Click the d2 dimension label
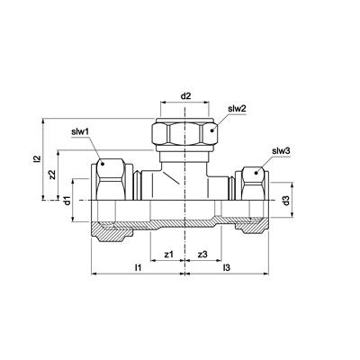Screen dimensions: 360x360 tap(185, 96)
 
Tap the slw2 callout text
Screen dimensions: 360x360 tap(237, 109)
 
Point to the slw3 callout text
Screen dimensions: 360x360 tap(281, 151)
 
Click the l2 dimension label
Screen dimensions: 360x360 tap(37, 158)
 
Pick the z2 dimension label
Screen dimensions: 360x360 tap(52, 175)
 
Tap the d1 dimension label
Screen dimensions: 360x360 tap(67, 201)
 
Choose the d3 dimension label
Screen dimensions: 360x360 tap(286, 201)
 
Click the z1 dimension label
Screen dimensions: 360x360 tap(169, 255)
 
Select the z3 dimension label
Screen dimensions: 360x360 tap(202, 255)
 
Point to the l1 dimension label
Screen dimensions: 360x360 tap(138, 267)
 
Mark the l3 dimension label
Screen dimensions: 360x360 tap(227, 267)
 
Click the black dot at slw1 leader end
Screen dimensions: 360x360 tap(103, 164)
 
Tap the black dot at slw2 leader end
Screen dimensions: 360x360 tap(211, 130)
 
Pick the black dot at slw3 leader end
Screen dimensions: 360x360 tap(256, 173)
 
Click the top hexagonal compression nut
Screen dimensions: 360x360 tap(184, 132)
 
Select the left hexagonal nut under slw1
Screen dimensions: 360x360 tap(111, 179)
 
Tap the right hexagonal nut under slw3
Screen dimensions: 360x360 tap(254, 184)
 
